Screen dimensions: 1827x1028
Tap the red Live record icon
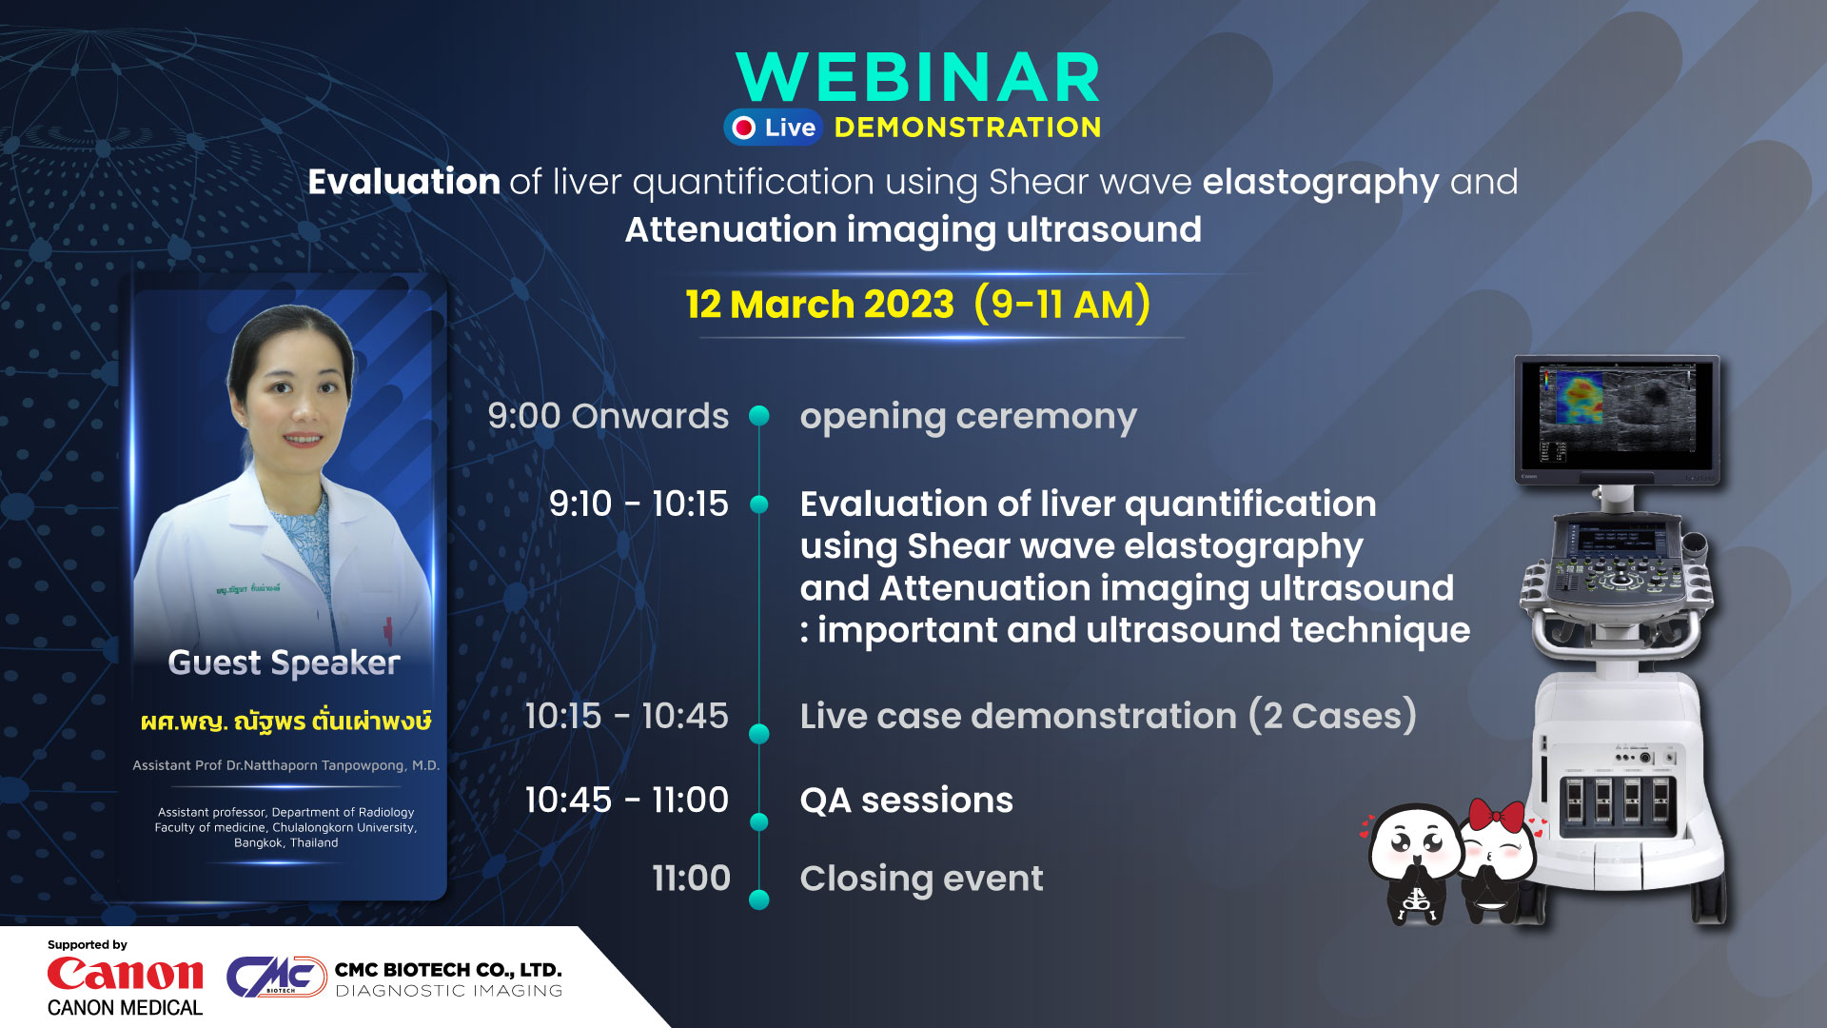[744, 128]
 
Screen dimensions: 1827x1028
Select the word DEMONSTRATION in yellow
[968, 128]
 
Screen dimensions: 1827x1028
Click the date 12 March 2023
[819, 305]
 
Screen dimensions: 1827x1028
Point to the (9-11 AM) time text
[1062, 305]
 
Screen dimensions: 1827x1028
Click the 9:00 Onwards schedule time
[608, 416]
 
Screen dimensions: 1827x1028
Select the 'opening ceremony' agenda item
[968, 418]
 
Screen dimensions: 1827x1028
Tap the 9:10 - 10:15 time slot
[638, 504]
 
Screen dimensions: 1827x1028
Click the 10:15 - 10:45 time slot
[626, 716]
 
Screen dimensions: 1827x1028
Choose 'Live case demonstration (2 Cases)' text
[1108, 716]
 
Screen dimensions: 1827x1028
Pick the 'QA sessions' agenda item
[906, 801]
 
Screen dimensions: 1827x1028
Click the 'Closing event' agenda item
[921, 880]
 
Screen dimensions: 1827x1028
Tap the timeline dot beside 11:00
[759, 899]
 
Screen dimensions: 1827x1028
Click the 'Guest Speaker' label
[284, 662]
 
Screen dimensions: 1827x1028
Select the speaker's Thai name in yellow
[285, 721]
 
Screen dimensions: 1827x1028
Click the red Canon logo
[125, 974]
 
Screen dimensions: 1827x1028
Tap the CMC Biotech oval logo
[277, 977]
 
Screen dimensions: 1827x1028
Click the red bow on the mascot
[1497, 816]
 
